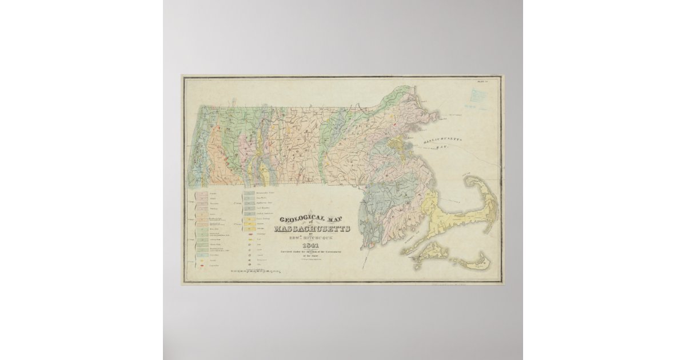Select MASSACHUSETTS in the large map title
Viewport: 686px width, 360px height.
(312, 229)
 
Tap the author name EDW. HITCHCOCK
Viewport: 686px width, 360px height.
(312, 237)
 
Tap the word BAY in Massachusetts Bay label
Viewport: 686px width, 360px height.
(440, 147)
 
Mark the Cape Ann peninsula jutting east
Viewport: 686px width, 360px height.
(433, 115)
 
